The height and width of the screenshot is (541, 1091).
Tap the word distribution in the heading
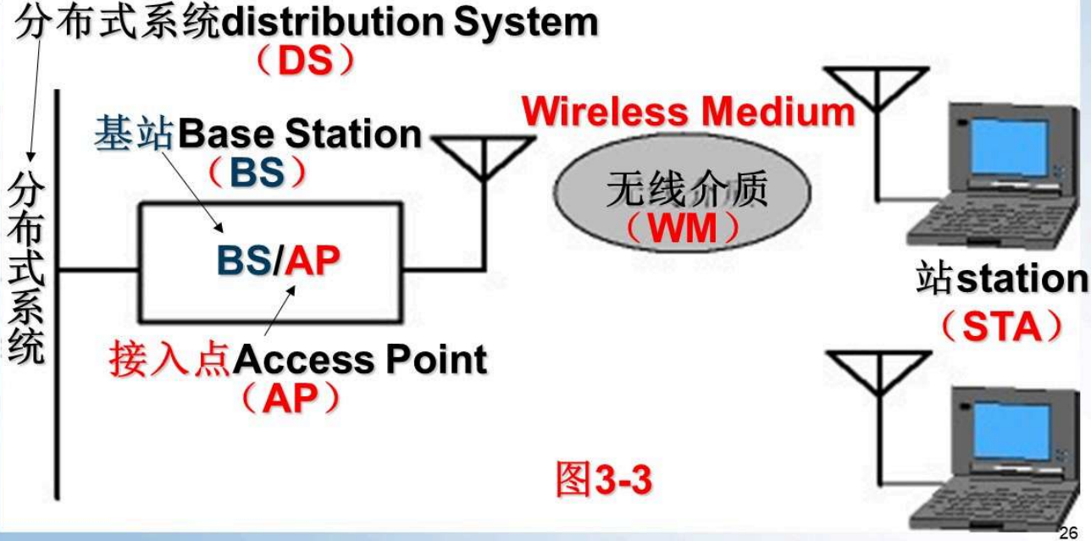point(331,23)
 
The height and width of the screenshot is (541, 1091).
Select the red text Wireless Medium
point(688,112)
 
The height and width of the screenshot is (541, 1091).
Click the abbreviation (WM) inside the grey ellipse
point(682,229)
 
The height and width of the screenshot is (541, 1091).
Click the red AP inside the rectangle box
point(312,262)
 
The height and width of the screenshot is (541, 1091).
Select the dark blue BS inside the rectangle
point(244,262)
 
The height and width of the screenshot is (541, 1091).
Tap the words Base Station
point(300,135)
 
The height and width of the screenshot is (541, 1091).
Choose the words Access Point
point(360,362)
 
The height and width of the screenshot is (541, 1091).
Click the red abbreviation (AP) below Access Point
point(289,400)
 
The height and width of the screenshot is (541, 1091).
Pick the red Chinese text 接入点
point(170,362)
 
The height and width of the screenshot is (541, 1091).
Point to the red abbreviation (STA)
point(1000,328)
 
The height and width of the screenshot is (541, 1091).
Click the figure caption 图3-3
point(603,479)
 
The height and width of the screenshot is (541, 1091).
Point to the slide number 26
point(1068,532)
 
